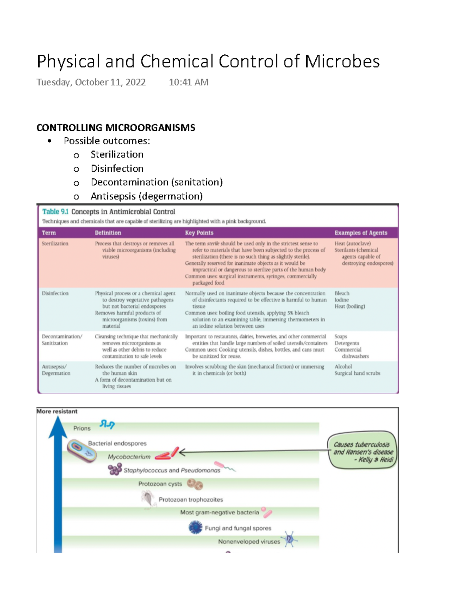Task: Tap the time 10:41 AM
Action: tap(189, 82)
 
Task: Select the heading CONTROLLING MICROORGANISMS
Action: tap(115, 128)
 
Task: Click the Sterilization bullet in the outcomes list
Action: tap(117, 155)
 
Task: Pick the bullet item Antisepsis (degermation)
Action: tap(146, 196)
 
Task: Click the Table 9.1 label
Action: tap(55, 212)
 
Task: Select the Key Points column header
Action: tap(199, 233)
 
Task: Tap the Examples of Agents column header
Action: tap(361, 233)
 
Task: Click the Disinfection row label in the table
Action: tap(55, 293)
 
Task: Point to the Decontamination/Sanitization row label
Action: tap(62, 340)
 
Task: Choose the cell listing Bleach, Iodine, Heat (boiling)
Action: tap(350, 300)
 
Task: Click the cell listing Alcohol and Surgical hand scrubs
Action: tap(357, 370)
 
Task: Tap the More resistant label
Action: tap(57, 411)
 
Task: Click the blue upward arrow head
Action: tap(58, 427)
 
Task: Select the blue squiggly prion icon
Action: tap(107, 424)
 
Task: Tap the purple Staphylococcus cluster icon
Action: tap(115, 469)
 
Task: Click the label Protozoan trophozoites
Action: tap(191, 500)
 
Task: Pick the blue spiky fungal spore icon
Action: tap(196, 527)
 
